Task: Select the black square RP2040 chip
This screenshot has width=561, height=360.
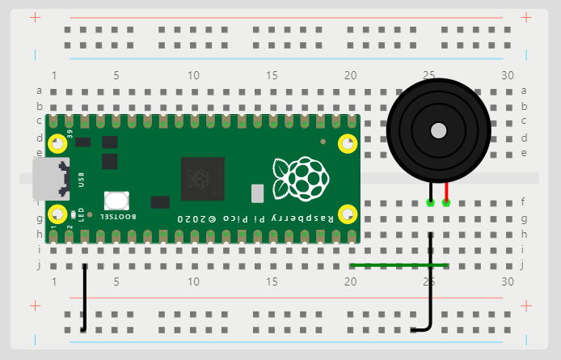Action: tap(202, 178)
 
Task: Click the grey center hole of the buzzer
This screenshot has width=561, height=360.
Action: tap(438, 130)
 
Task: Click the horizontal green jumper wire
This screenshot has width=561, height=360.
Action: tap(399, 265)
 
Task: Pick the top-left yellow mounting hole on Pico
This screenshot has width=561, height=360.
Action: tap(59, 144)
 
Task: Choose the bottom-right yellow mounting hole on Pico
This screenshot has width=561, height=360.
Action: tap(348, 214)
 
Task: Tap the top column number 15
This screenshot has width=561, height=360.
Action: tap(272, 75)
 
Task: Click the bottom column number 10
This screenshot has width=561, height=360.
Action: tap(193, 282)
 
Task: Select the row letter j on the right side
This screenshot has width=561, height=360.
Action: tap(524, 265)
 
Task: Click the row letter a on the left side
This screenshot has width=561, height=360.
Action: tap(39, 91)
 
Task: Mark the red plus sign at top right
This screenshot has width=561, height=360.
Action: tap(526, 16)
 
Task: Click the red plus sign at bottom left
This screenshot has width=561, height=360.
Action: tap(34, 306)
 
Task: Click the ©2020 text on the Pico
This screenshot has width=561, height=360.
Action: tap(199, 219)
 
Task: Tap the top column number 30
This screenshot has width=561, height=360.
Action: tap(508, 75)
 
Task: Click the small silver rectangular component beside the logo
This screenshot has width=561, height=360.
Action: tap(258, 193)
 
